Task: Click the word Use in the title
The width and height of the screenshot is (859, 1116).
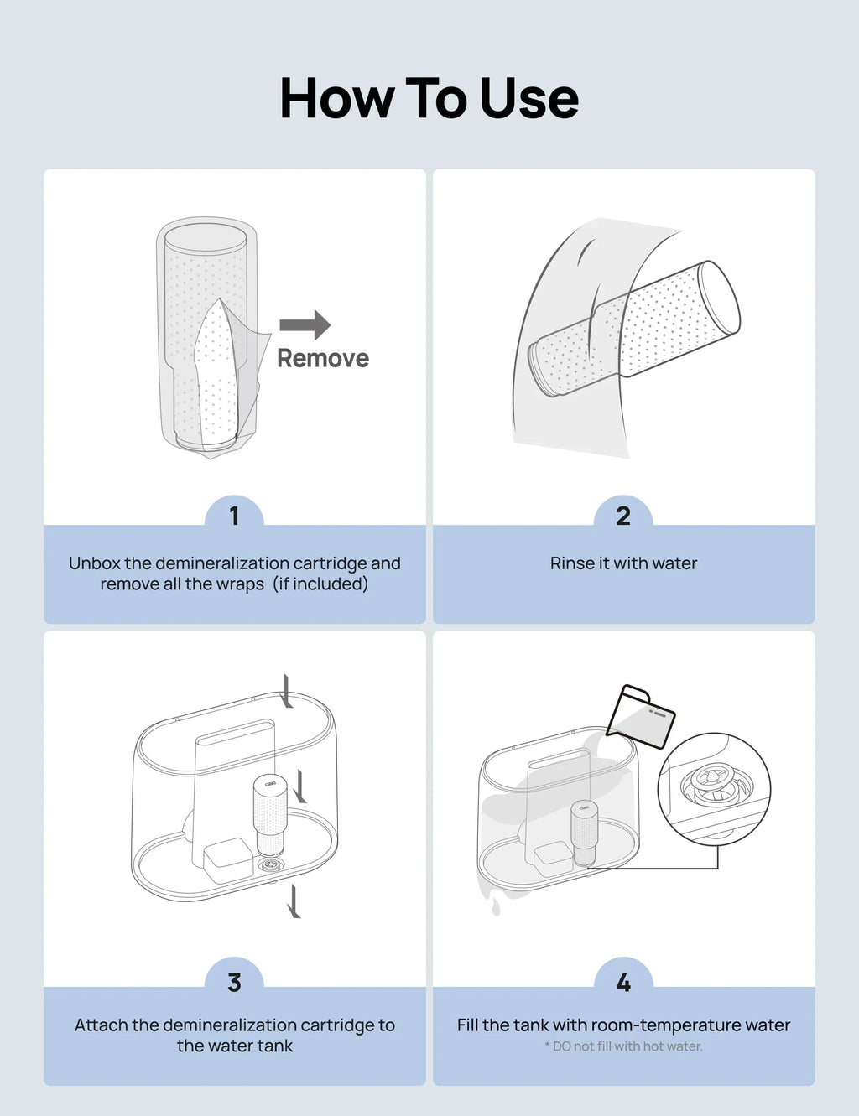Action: (x=529, y=99)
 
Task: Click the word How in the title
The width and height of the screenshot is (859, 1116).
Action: (x=336, y=99)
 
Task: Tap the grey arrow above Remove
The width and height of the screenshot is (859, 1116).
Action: (x=305, y=325)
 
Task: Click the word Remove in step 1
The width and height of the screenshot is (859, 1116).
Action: (x=323, y=359)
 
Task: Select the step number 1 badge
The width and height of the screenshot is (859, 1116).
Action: (x=234, y=516)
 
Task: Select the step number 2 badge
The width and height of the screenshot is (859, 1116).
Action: (x=623, y=516)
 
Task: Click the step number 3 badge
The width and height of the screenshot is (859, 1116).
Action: (x=234, y=982)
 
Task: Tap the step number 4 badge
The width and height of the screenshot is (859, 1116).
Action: (x=623, y=982)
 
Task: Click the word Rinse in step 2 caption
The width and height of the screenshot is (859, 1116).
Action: (x=572, y=563)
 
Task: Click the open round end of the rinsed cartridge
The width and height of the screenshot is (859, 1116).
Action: (x=721, y=298)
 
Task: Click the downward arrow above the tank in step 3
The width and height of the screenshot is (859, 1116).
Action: (x=287, y=690)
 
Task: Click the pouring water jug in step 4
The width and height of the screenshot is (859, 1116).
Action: (x=641, y=716)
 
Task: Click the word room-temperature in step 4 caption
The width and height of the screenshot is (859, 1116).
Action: (x=655, y=1025)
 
